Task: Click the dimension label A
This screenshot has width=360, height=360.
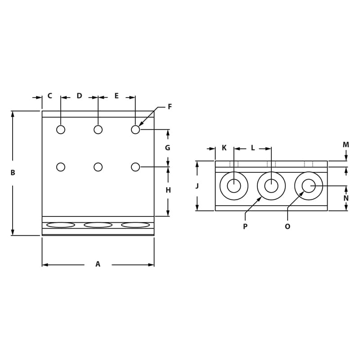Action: click(98, 265)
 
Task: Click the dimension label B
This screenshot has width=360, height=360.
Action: click(13, 173)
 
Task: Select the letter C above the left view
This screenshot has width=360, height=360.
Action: click(49, 96)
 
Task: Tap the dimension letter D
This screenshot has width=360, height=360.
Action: click(79, 96)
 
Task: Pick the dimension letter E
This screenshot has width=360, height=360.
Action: click(117, 96)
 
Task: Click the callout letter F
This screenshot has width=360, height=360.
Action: click(170, 107)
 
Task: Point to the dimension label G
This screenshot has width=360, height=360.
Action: click(168, 148)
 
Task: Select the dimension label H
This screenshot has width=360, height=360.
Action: click(168, 190)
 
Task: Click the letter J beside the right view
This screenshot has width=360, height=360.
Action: click(197, 186)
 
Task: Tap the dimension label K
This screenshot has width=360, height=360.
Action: click(224, 148)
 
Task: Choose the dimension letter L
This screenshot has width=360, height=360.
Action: click(252, 148)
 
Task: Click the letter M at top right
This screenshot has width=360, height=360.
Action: click(346, 145)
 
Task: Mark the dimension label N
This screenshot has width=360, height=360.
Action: click(346, 198)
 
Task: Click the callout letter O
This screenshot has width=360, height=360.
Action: click(288, 226)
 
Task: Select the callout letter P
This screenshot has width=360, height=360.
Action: click(245, 226)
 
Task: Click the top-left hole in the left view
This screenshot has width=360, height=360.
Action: click(61, 130)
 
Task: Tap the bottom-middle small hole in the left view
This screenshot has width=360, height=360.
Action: click(98, 167)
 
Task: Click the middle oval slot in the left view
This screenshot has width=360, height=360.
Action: click(98, 225)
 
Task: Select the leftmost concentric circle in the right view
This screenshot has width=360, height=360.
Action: click(234, 186)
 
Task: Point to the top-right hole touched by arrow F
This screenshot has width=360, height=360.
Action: click(135, 130)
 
